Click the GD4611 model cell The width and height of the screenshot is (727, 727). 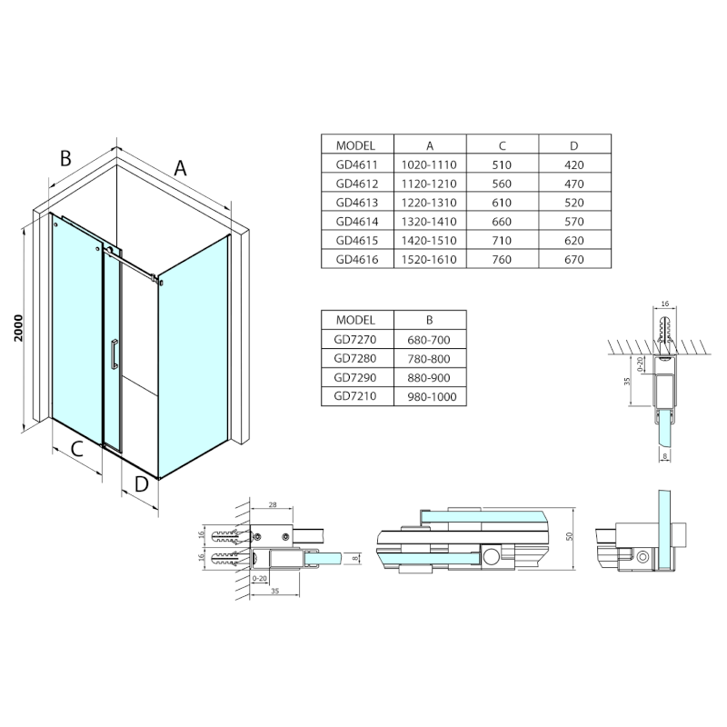point(357,164)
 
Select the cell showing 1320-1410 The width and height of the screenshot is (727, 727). point(430,221)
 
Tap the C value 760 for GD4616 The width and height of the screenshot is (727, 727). point(503,259)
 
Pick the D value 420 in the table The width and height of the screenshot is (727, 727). point(574,164)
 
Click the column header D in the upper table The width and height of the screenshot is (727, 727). point(574,144)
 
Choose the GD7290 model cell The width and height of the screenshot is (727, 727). point(357,377)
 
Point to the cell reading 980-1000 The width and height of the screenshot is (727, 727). point(430,396)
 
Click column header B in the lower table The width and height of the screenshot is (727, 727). point(430,320)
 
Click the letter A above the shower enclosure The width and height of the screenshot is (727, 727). point(180,167)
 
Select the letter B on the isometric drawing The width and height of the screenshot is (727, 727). point(65,158)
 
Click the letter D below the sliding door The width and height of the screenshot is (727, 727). point(141,483)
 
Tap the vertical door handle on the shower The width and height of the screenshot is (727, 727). point(113,354)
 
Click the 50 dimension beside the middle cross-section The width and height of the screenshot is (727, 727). point(571,537)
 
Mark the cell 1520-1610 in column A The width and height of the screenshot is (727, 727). point(430,259)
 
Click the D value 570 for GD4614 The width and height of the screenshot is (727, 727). point(574,221)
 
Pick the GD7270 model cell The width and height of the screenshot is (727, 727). point(357,339)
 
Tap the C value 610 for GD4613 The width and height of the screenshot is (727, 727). point(503,202)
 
